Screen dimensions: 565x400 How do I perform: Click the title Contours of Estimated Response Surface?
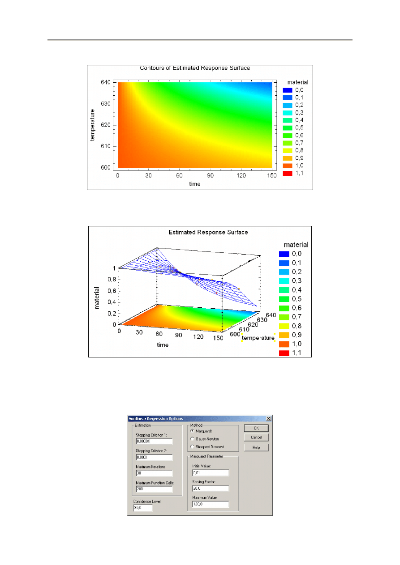click(x=195, y=68)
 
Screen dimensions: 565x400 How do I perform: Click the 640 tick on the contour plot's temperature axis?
click(x=106, y=83)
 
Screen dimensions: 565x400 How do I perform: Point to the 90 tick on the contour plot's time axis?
click(x=210, y=175)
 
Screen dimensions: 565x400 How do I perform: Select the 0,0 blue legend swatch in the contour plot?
click(x=287, y=90)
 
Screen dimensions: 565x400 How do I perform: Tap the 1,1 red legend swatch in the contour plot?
click(x=287, y=173)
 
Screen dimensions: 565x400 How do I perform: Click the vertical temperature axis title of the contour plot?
click(x=93, y=125)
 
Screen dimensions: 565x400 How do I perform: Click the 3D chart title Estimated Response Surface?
click(x=208, y=233)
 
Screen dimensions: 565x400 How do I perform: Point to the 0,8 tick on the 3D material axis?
click(x=111, y=280)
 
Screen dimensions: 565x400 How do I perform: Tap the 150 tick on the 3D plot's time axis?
click(x=218, y=338)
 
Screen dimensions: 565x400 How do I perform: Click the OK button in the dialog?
click(x=256, y=428)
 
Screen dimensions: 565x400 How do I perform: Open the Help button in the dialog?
click(x=256, y=447)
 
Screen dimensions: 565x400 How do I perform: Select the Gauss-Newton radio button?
click(x=193, y=439)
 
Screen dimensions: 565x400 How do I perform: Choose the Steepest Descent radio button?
click(x=193, y=446)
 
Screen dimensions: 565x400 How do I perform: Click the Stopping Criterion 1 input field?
click(x=154, y=442)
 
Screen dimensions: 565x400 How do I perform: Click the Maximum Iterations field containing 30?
click(x=154, y=473)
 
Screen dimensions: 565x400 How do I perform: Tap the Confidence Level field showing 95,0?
click(x=143, y=508)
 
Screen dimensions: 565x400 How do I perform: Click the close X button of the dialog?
click(x=269, y=419)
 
